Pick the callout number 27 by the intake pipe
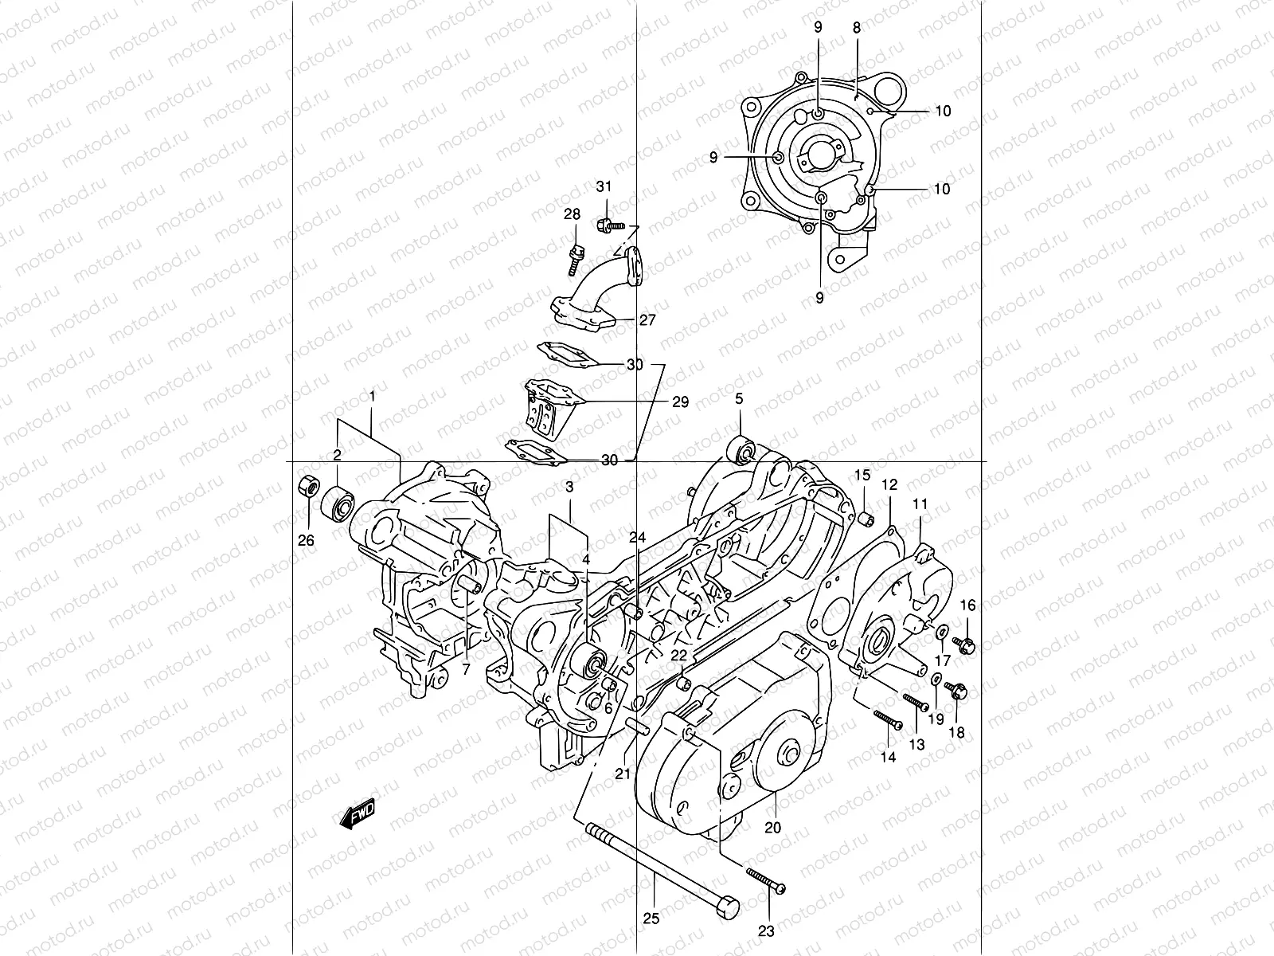pos(647,319)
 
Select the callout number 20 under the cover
pos(772,827)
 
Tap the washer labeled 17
pos(941,633)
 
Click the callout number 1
pos(371,395)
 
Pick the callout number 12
pos(889,484)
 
